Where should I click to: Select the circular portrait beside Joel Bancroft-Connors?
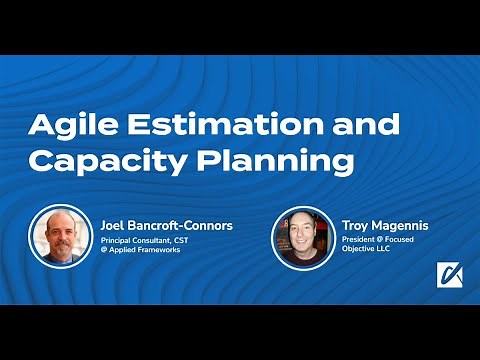coord(59,236)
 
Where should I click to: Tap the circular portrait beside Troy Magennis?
coord(303,236)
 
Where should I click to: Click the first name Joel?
coord(114,225)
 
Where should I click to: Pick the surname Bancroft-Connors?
coord(181,225)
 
